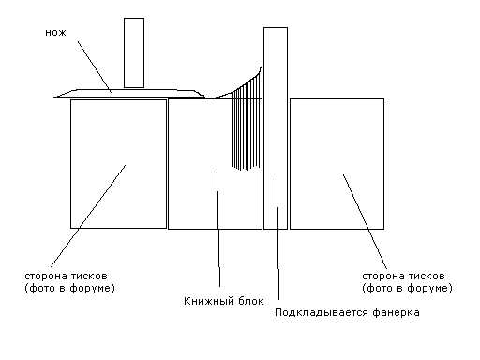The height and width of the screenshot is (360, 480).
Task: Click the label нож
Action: point(55,33)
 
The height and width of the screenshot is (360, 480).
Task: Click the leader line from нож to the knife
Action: point(95,67)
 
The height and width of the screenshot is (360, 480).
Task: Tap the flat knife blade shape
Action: point(129,93)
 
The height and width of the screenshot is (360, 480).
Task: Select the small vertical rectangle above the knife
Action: point(134,52)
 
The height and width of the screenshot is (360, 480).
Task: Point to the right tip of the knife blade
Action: point(205,97)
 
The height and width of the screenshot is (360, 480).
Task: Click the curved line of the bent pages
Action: point(238,90)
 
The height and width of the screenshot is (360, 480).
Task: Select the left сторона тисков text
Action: point(66,277)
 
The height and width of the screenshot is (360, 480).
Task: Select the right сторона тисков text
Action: point(403,277)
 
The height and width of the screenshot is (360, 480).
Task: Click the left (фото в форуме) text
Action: point(69,288)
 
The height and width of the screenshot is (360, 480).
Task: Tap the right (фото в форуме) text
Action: point(407,288)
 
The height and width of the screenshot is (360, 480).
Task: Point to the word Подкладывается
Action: point(322,312)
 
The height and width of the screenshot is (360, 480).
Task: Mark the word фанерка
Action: point(396,312)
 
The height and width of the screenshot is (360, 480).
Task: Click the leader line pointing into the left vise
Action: point(88,216)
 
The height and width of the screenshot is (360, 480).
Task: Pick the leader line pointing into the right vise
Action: point(365,221)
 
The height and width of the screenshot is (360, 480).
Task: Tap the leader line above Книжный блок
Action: point(218,229)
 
